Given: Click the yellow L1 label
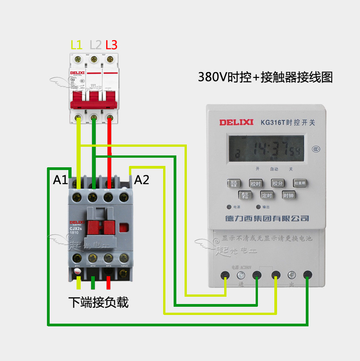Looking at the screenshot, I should [x=77, y=45].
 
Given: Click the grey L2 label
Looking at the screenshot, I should [x=95, y=45].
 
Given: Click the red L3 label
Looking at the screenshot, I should [x=111, y=45].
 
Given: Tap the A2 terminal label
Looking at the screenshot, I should [x=142, y=180].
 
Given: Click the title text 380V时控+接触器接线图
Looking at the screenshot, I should [x=265, y=77].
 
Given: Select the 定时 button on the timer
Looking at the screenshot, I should [x=267, y=195].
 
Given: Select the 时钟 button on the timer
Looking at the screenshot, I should [x=288, y=195].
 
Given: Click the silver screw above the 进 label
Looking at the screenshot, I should [x=241, y=276].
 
